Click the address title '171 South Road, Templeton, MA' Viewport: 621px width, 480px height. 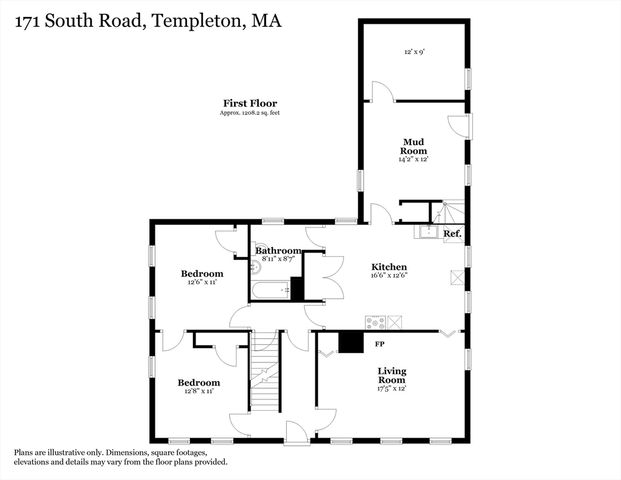pyautogui.click(x=140, y=20)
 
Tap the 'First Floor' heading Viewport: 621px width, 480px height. pyautogui.click(x=249, y=103)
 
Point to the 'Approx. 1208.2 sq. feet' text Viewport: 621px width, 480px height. pyautogui.click(x=249, y=113)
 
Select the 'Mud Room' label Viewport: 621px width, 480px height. pyautogui.click(x=414, y=146)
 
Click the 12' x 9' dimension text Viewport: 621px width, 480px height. pyautogui.click(x=415, y=51)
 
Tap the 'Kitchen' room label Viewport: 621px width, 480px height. pyautogui.click(x=389, y=267)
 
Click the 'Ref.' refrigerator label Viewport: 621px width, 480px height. pyautogui.click(x=452, y=234)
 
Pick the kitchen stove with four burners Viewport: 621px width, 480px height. pyautogui.click(x=376, y=322)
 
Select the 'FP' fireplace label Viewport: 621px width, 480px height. pyautogui.click(x=380, y=344)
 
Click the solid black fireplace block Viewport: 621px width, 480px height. pyautogui.click(x=350, y=342)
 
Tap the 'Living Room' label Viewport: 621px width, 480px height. pyautogui.click(x=391, y=376)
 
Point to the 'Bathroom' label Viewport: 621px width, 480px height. pyautogui.click(x=277, y=250)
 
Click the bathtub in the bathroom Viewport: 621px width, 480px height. pyautogui.click(x=269, y=292)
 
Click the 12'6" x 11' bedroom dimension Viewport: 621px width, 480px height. pyautogui.click(x=201, y=283)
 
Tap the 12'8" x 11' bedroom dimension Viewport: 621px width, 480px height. pyautogui.click(x=198, y=392)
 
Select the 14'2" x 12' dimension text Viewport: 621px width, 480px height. pyautogui.click(x=414, y=159)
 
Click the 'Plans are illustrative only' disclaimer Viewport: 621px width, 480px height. pyautogui.click(x=120, y=457)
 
